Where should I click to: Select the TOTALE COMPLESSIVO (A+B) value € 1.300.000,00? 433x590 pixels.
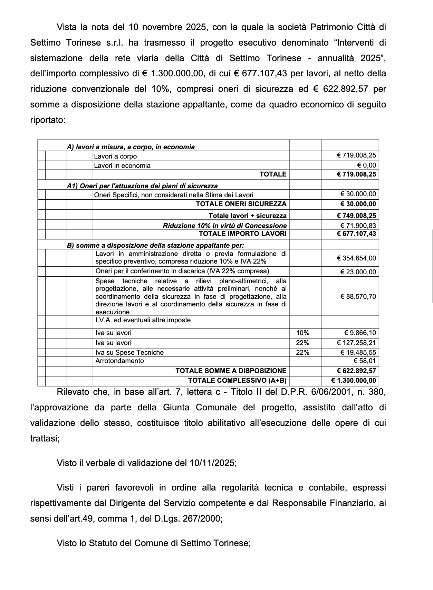tap(354, 381)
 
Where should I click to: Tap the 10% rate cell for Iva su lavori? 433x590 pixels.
tap(303, 333)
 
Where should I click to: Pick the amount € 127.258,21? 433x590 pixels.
tap(356, 343)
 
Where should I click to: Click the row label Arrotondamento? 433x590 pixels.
tap(119, 361)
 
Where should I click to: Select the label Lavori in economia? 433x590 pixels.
tap(122, 165)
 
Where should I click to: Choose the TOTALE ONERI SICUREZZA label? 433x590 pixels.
tap(241, 204)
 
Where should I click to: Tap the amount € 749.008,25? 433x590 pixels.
tap(356, 216)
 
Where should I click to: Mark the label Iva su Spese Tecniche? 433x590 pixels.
tap(129, 352)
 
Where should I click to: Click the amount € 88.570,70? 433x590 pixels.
tap(358, 296)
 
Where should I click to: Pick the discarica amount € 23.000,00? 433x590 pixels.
tap(358, 272)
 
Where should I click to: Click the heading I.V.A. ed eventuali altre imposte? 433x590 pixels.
tap(143, 320)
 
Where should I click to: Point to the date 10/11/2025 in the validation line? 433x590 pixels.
tap(212, 463)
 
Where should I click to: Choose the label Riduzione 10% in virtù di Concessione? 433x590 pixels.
tap(225, 226)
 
